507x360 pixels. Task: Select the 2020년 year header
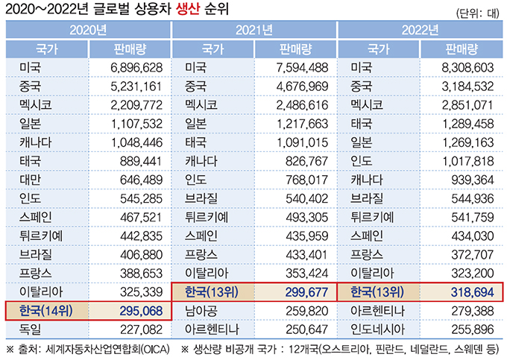[87, 31]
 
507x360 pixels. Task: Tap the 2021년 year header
[253, 31]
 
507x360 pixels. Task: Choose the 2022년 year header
[419, 31]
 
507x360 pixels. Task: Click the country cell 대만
[32, 180]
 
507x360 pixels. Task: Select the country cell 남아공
[203, 309]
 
